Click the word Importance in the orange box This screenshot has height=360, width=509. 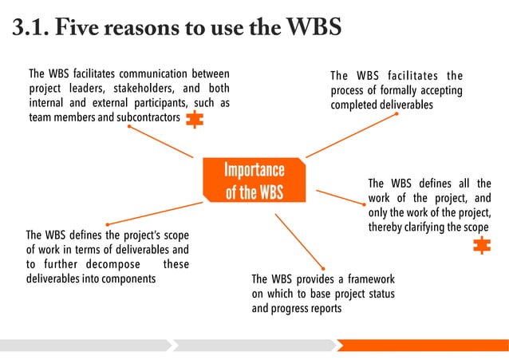point(254,170)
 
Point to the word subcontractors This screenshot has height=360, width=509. point(144,118)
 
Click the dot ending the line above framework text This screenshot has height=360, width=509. point(323,268)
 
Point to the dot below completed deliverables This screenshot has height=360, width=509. point(397,113)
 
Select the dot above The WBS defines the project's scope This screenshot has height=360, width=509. point(107,224)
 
